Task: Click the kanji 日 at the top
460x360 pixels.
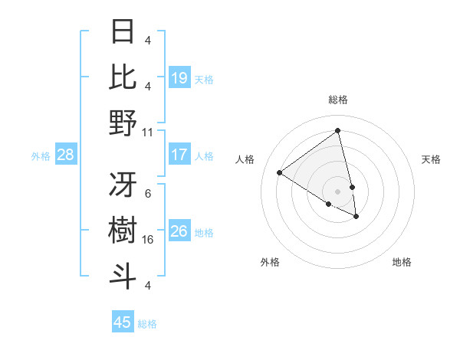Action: pos(123,31)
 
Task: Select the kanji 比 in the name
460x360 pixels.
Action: pos(123,77)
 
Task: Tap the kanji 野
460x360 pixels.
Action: pos(123,123)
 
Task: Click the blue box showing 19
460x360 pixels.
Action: pos(179,78)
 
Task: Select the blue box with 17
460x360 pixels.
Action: pos(179,155)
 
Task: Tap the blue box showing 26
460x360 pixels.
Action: pos(179,231)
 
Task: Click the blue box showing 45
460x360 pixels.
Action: pos(123,322)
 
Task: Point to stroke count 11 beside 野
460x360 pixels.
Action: pos(148,132)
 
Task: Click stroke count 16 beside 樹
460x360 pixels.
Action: pos(148,240)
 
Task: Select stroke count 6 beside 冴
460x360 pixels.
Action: pos(148,194)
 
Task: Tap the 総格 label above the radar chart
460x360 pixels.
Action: pos(338,100)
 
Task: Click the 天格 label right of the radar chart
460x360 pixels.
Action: pos(432,159)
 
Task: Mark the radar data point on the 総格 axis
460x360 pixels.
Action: pos(338,131)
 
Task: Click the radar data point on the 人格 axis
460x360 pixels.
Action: pos(280,172)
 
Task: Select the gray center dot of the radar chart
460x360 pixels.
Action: pos(338,191)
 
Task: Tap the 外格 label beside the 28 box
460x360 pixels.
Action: pos(41,156)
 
